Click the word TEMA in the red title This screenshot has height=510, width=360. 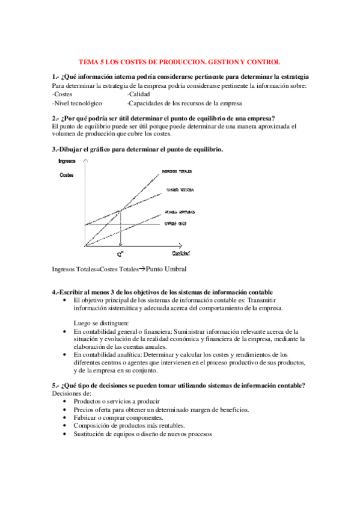(x=90, y=62)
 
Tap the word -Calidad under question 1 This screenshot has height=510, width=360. (x=139, y=94)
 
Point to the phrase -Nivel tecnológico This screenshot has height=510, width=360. (x=77, y=103)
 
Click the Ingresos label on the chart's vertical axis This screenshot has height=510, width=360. (x=67, y=161)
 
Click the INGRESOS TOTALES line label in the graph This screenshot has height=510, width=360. (x=181, y=171)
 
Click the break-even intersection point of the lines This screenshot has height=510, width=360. (x=121, y=209)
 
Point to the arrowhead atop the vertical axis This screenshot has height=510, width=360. (x=86, y=165)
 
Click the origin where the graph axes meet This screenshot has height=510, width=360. (x=86, y=246)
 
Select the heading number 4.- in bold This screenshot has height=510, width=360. (x=56, y=292)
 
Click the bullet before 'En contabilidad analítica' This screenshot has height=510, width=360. (x=65, y=355)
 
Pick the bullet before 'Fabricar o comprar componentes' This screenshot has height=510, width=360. (x=65, y=417)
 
